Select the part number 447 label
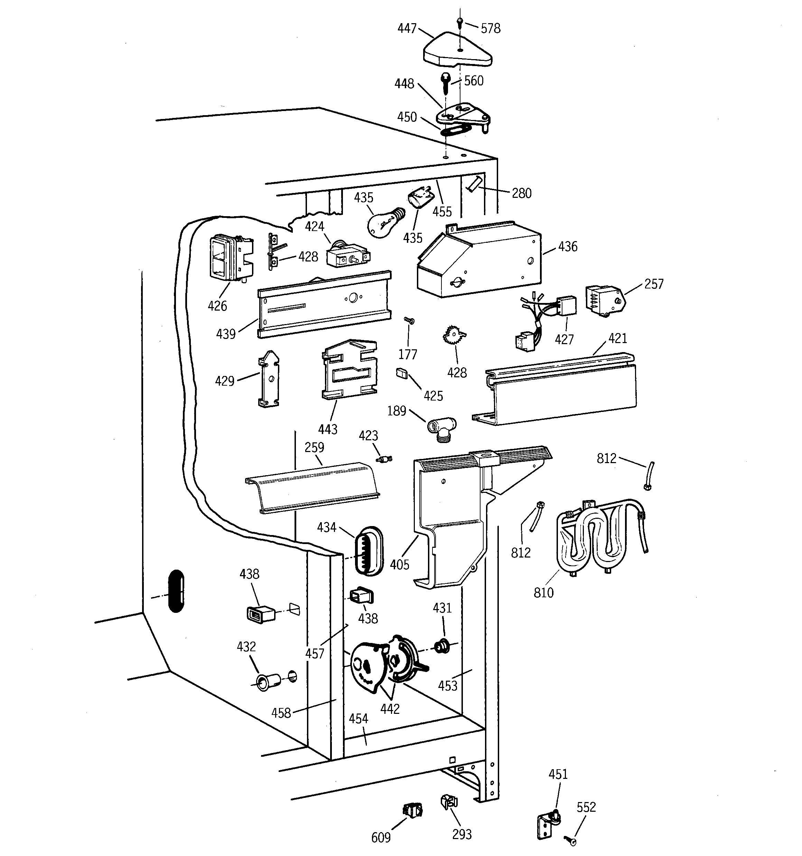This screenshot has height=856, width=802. pyautogui.click(x=407, y=28)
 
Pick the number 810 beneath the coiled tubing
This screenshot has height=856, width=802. pyautogui.click(x=543, y=593)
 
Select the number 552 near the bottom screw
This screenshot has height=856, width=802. pyautogui.click(x=586, y=807)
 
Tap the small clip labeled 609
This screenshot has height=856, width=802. pyautogui.click(x=413, y=810)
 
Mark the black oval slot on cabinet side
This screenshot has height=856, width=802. pyautogui.click(x=176, y=591)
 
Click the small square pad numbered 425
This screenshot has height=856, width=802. pyautogui.click(x=401, y=373)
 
